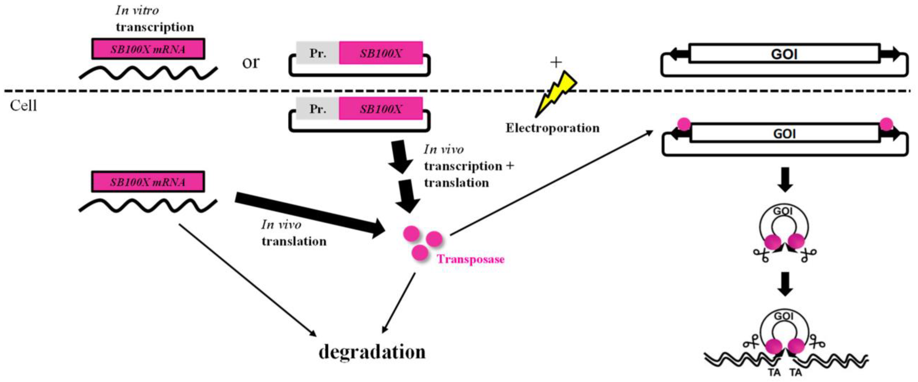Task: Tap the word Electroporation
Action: tap(552, 128)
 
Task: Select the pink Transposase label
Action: tap(470, 259)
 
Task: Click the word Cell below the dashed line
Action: tap(23, 106)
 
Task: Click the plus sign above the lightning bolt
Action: tap(556, 62)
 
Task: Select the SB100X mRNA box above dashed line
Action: tap(148, 49)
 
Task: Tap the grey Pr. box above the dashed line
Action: tap(317, 53)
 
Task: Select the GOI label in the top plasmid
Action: tap(784, 54)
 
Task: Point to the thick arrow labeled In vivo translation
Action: tap(310, 214)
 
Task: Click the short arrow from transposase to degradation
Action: tap(399, 303)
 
